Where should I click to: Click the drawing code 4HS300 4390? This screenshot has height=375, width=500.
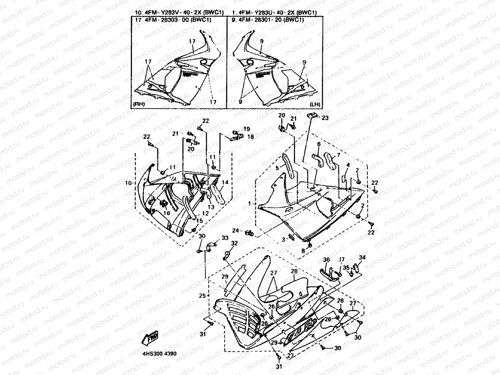coord(159,353)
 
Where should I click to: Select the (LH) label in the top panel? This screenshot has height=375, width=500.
coord(315,104)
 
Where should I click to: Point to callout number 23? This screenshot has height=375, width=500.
coord(325,118)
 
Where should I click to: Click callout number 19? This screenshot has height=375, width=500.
coord(246,129)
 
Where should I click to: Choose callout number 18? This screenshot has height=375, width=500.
coord(251,136)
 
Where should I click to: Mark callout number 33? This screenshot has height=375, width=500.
coord(225,238)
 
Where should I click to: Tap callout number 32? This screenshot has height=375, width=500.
coord(234,243)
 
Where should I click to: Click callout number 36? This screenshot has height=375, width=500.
coord(326,260)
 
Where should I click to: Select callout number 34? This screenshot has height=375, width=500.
coord(362,257)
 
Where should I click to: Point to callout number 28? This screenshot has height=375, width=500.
coord(294,272)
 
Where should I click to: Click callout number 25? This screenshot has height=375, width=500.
coord(202,296)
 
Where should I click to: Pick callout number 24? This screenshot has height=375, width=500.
coord(236,231)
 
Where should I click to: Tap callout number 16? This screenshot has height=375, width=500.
coord(167,213)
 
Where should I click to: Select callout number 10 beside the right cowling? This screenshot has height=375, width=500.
coord(128,183)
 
